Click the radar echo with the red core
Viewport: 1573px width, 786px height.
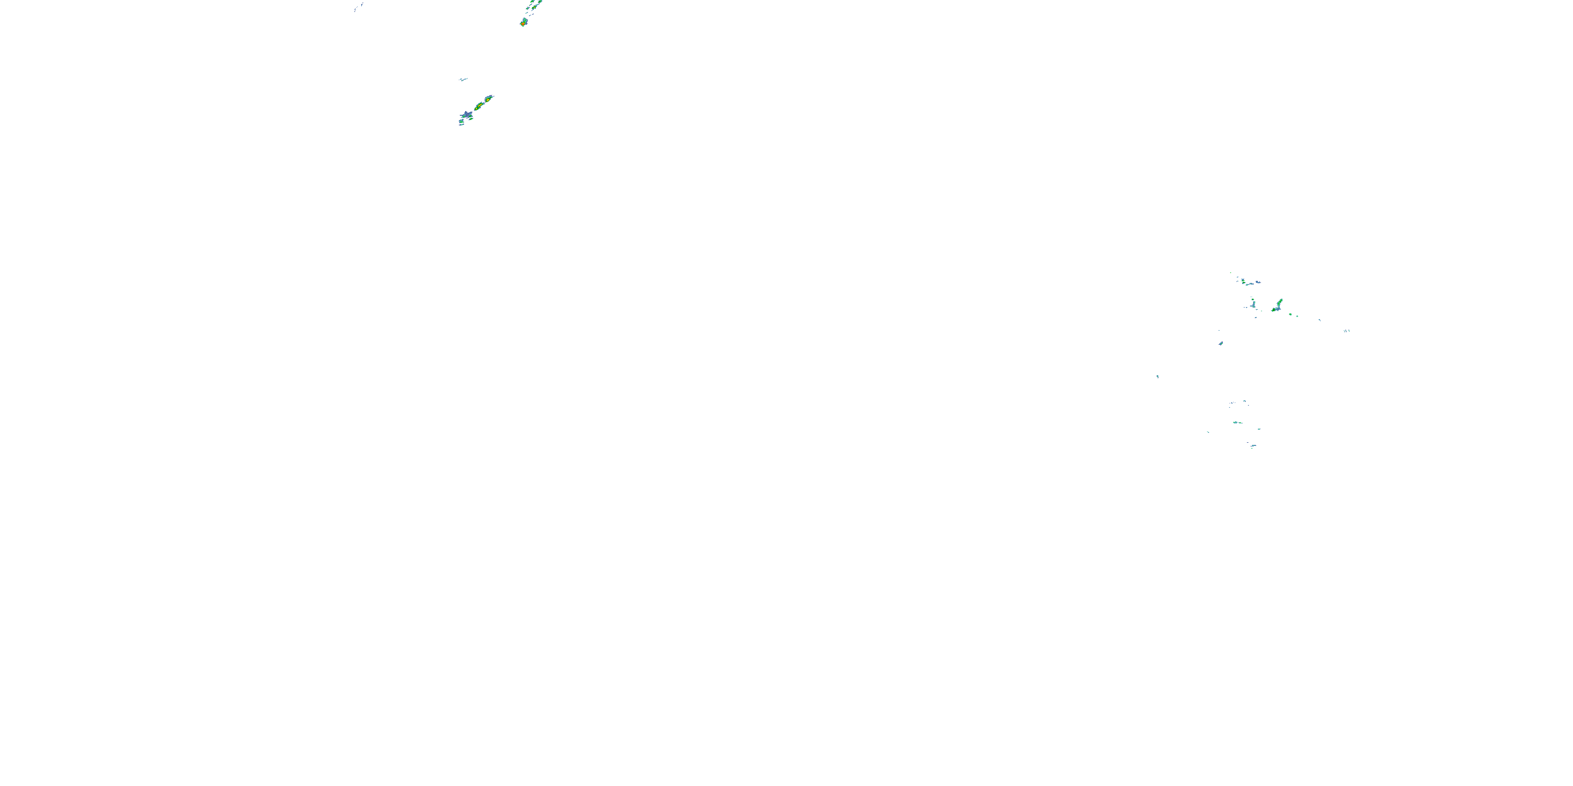523,23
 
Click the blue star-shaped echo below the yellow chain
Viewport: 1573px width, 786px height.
467,115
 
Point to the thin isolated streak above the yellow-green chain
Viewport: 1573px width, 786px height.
463,79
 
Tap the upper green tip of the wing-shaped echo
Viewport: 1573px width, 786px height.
1280,301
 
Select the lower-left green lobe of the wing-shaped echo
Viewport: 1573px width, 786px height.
1274,310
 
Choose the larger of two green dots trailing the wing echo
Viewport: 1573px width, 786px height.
1290,314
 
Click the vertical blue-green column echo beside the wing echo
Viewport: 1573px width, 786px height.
1253,304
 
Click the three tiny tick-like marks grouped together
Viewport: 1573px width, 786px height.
1346,330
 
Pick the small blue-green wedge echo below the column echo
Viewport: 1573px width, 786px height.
1221,343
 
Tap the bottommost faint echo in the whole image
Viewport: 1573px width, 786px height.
1253,446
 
